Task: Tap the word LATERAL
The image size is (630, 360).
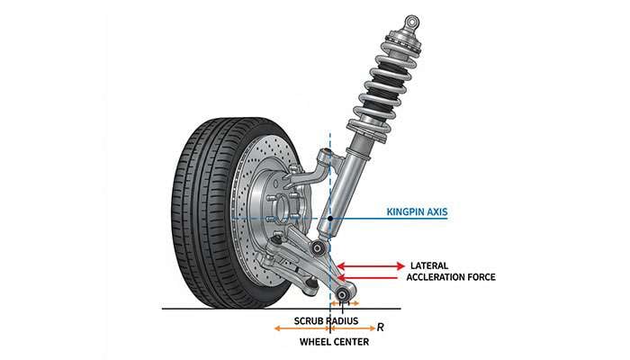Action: point(429,265)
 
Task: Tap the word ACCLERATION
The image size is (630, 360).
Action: point(440,277)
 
